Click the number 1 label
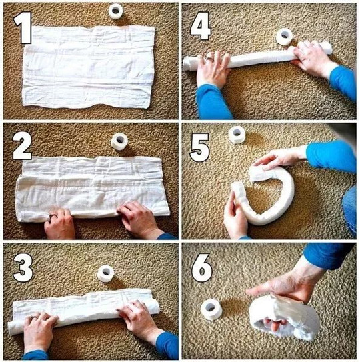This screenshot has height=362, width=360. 23,27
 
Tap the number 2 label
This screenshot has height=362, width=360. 22,146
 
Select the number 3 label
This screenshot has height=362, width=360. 23,267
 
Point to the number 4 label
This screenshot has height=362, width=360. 201,26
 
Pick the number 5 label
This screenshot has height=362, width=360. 199,148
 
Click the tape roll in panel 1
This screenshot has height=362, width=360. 115,11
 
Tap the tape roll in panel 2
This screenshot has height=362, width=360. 119,141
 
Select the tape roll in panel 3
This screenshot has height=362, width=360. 106,273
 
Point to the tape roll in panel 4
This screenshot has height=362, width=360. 285,37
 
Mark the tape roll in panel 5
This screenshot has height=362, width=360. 237,135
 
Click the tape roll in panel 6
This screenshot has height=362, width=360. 211,309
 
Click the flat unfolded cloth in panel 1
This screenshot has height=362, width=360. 89,67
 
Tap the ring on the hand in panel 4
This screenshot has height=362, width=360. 210,59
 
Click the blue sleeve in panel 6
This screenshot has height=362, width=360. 328,255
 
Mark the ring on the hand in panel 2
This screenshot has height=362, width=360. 53,216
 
